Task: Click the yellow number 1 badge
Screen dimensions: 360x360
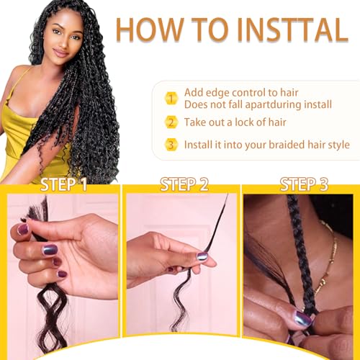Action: pos(171,97)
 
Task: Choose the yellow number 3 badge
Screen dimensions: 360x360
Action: pos(171,144)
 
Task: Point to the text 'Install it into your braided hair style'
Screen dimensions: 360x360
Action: pos(267,144)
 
